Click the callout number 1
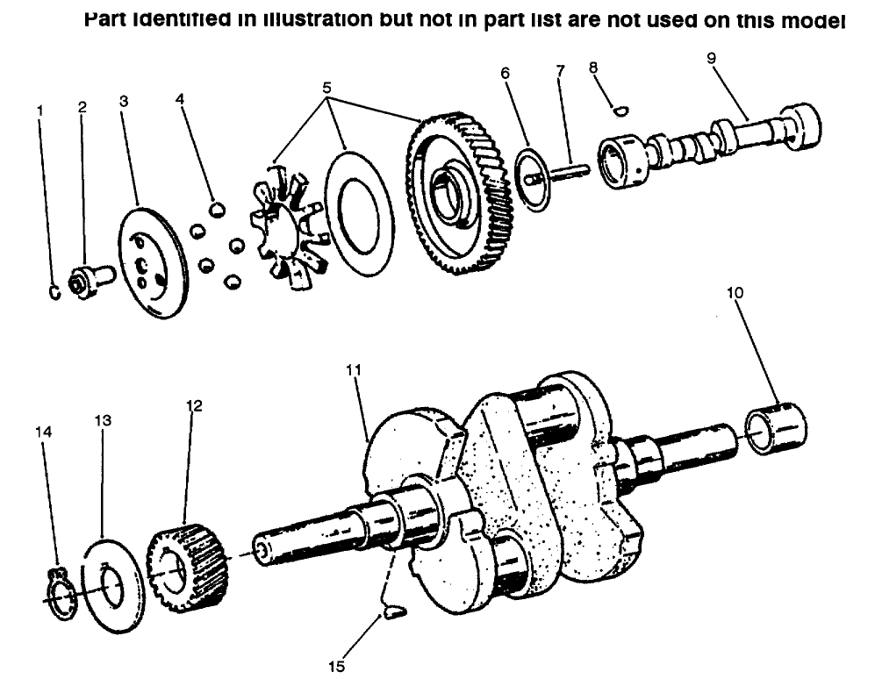coord(39,111)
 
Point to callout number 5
coord(328,88)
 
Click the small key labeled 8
coord(620,110)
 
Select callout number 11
coord(352,369)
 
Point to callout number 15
coord(335,665)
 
